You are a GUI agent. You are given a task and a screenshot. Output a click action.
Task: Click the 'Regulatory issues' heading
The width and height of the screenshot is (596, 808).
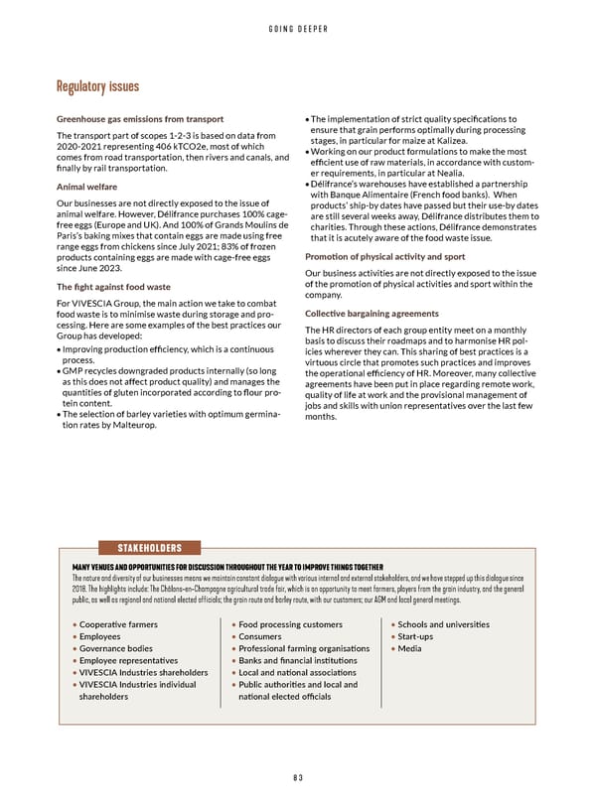[97, 88]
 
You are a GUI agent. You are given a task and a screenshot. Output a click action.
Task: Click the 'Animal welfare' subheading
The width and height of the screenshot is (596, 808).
[88, 187]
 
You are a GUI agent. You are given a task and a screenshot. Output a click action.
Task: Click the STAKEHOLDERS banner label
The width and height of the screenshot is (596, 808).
[148, 547]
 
